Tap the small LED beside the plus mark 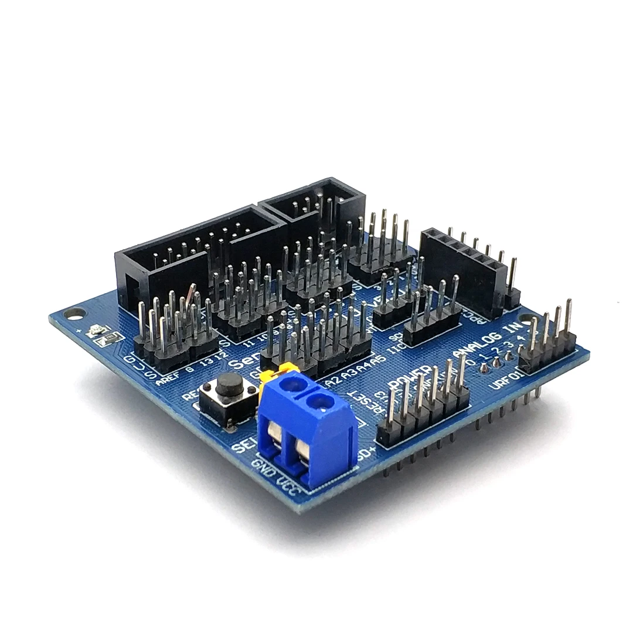click(94, 332)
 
